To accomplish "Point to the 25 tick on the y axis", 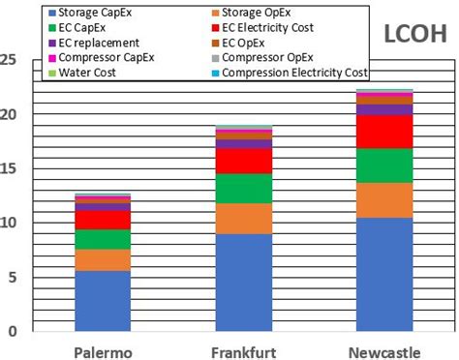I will tap(9, 60).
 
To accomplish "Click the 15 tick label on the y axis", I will tap(9, 168).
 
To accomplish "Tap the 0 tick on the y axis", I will tap(14, 331).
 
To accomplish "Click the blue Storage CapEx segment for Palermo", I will tap(103, 301).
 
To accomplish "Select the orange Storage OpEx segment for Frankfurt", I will tap(242, 219).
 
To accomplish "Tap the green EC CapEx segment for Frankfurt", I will tap(242, 189).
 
